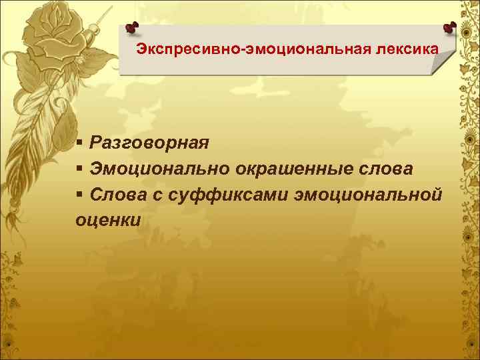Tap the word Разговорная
[x=150, y=142]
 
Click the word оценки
[x=108, y=220]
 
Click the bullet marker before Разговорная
[x=79, y=142]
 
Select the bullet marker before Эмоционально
[x=79, y=169]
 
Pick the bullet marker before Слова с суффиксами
[x=79, y=194]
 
